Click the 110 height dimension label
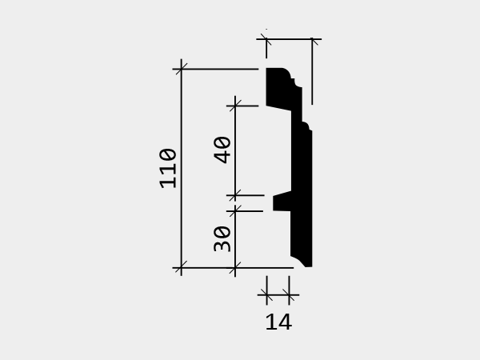pyautogui.click(x=168, y=168)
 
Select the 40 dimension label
pyautogui.click(x=222, y=150)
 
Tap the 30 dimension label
pyautogui.click(x=222, y=238)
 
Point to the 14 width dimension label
pyautogui.click(x=278, y=322)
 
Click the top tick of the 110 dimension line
pyautogui.click(x=182, y=69)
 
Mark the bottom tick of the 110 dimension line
pyautogui.click(x=182, y=267)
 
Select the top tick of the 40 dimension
pyautogui.click(x=235, y=106)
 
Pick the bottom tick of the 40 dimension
pyautogui.click(x=235, y=195)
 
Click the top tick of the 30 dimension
pyautogui.click(x=235, y=211)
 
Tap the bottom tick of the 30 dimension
pyautogui.click(x=235, y=267)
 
